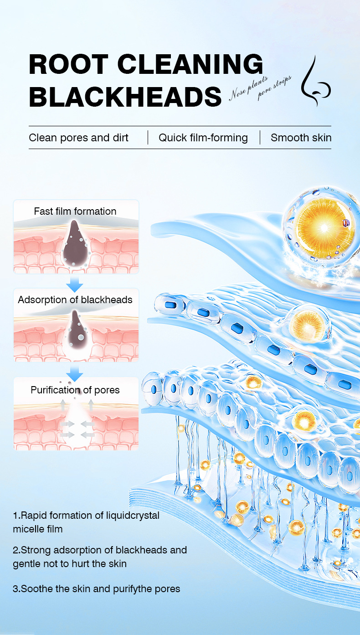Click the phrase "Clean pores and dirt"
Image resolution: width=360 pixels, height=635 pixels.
pos(78,138)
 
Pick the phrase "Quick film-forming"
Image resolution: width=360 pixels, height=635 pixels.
pos(203,138)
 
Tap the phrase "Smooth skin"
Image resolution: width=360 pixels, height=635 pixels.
pos(301,138)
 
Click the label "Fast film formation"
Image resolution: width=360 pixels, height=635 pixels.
pos(75,211)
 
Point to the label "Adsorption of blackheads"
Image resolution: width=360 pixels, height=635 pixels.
pos(75,299)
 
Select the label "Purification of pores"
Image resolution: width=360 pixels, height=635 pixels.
pos(75,390)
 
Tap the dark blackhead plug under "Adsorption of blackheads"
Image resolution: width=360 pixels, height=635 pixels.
pos(76,329)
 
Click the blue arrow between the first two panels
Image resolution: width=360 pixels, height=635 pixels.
pos(75,284)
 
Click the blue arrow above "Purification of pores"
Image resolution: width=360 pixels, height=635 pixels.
pos(75,374)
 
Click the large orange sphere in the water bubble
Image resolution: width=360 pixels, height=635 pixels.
pos(324,227)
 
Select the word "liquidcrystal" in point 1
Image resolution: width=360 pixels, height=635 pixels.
pos(133,516)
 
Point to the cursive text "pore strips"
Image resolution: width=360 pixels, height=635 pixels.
pos(274,88)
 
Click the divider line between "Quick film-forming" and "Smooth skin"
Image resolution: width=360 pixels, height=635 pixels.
pos(260,138)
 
